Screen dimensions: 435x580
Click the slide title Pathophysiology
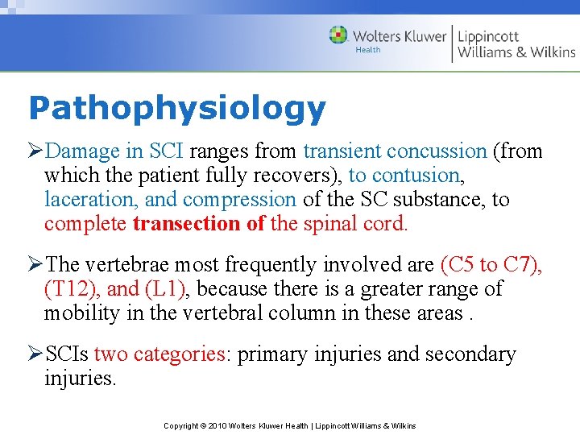(176, 108)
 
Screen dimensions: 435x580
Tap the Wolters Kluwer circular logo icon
(338, 35)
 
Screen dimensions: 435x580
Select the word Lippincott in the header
(488, 35)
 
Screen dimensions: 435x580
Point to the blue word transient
(343, 151)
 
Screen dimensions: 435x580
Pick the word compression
(240, 199)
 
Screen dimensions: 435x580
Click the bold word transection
(188, 223)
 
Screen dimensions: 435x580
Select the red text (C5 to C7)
(491, 265)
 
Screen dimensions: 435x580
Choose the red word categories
(180, 354)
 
